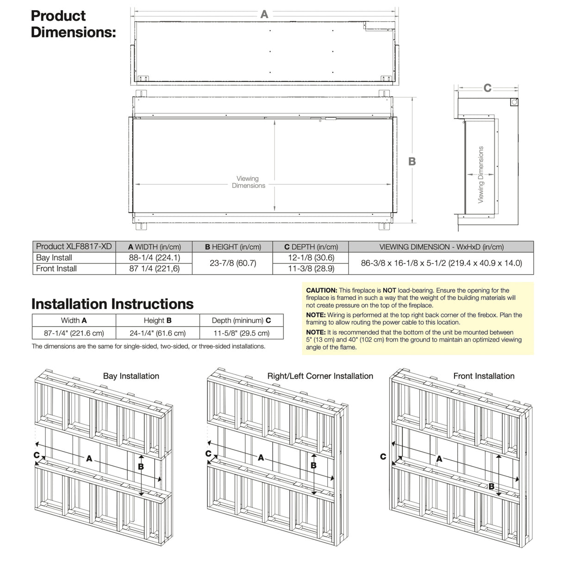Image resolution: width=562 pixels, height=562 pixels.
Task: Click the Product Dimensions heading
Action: (x=73, y=24)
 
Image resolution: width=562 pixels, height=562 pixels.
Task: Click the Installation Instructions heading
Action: (x=112, y=304)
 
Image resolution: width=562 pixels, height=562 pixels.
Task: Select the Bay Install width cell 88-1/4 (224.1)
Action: (x=154, y=258)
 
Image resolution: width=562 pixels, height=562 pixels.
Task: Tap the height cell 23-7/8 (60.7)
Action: (x=232, y=263)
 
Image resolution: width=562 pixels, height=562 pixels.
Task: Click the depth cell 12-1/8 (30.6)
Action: (x=311, y=258)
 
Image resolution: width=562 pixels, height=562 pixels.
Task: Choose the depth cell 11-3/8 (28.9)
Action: (x=311, y=269)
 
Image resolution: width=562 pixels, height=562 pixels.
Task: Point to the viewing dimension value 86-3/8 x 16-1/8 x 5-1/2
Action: (x=441, y=263)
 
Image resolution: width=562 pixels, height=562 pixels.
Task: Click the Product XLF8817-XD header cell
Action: (x=74, y=247)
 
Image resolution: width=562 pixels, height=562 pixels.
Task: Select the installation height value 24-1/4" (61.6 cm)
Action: (x=158, y=333)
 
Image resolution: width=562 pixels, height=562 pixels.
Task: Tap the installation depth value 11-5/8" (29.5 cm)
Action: (x=241, y=333)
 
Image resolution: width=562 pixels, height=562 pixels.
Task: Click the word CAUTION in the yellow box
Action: (x=321, y=290)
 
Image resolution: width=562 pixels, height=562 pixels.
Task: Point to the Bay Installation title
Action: (x=131, y=376)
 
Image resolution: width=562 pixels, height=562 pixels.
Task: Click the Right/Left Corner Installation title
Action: (x=320, y=376)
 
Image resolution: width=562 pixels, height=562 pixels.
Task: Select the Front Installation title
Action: (x=484, y=376)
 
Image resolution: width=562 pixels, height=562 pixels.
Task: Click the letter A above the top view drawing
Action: (x=264, y=14)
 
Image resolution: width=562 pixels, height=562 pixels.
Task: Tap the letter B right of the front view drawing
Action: (x=412, y=162)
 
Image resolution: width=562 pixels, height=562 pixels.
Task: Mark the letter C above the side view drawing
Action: (x=487, y=88)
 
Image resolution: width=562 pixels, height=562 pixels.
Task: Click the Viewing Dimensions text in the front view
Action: (x=248, y=182)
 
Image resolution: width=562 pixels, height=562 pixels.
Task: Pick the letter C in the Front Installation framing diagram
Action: (x=383, y=456)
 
